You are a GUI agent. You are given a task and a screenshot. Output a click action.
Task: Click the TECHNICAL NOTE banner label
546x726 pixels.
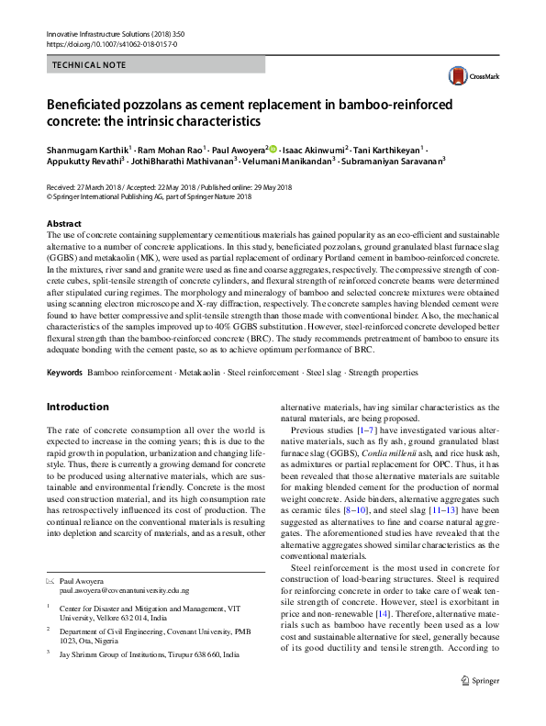[x=92, y=66]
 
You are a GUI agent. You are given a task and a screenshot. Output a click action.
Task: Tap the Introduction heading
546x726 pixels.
[x=77, y=407]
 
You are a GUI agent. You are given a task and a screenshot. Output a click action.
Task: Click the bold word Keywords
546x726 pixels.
[x=65, y=373]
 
